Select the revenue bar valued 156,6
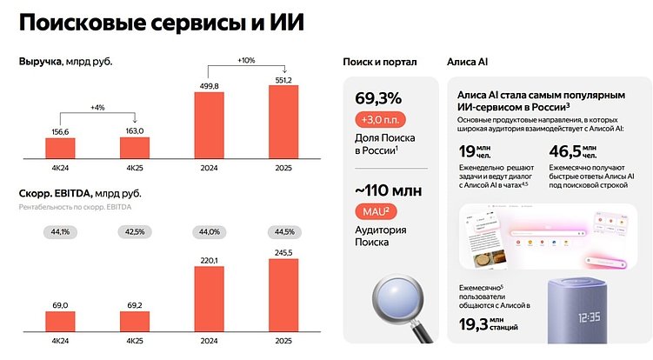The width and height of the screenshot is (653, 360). click(x=60, y=148)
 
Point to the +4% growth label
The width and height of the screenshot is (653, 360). click(x=97, y=108)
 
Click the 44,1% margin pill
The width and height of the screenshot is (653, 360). click(x=60, y=231)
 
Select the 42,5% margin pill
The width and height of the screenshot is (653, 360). click(x=135, y=231)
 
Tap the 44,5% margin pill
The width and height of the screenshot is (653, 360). click(x=290, y=231)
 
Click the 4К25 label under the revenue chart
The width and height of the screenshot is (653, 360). click(x=135, y=167)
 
